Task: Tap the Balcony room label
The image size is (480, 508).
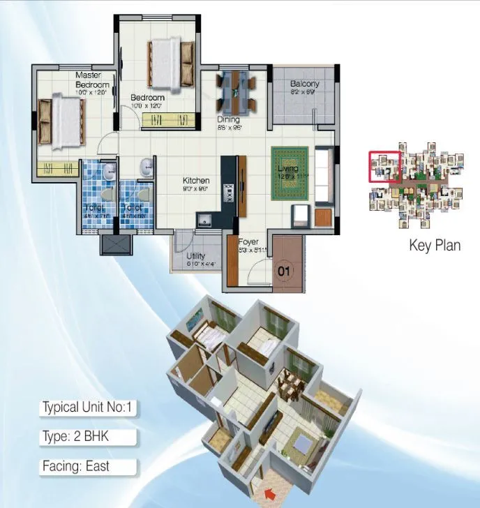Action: point(305,84)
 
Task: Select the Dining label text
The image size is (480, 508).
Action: point(228,119)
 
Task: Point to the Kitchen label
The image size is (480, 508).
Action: point(196,180)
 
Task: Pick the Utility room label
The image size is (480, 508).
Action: point(196,256)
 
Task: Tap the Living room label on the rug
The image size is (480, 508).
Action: point(287,168)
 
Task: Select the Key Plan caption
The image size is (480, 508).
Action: point(434,246)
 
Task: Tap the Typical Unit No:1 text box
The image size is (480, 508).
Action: point(87,408)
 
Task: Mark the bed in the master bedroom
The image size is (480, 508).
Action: point(61,122)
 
